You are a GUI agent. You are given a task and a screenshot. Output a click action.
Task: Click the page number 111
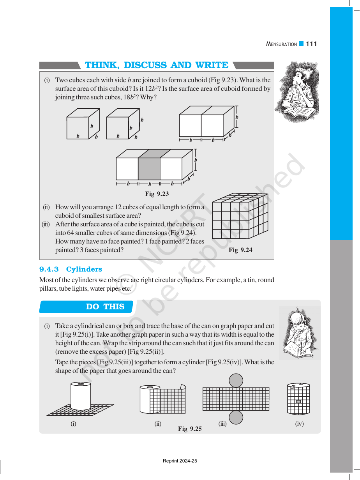311,44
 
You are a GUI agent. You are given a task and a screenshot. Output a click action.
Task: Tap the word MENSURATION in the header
281,44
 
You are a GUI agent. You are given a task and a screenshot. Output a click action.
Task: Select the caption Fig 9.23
157,194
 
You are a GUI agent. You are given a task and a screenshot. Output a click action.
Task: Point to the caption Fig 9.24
240,250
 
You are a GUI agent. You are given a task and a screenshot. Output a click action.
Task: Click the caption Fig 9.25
190,429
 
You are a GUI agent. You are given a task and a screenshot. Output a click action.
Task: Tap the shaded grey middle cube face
149,169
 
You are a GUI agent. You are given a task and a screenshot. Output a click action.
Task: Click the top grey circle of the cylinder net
236,381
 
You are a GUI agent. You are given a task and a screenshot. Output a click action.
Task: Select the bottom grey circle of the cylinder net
236,417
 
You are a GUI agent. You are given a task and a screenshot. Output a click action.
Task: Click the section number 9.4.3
49,269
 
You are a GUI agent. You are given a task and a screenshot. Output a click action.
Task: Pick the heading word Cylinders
84,269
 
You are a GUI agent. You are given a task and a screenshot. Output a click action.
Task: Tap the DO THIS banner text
105,307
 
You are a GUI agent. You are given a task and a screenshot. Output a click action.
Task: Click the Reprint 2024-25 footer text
180,461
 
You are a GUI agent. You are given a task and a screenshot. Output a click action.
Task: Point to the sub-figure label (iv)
299,424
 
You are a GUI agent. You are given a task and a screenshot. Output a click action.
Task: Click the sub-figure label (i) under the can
73,424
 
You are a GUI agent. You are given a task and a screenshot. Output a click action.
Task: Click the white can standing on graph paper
81,396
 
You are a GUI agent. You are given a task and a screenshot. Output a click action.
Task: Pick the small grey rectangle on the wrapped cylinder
298,402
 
